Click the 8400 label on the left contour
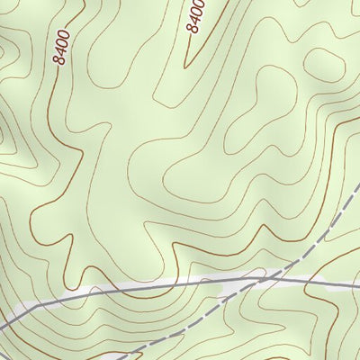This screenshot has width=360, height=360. pyautogui.click(x=61, y=46)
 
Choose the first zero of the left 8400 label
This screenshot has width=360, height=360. pyautogui.click(x=62, y=41)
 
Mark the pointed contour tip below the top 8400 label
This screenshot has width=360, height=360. pyautogui.click(x=186, y=66)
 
